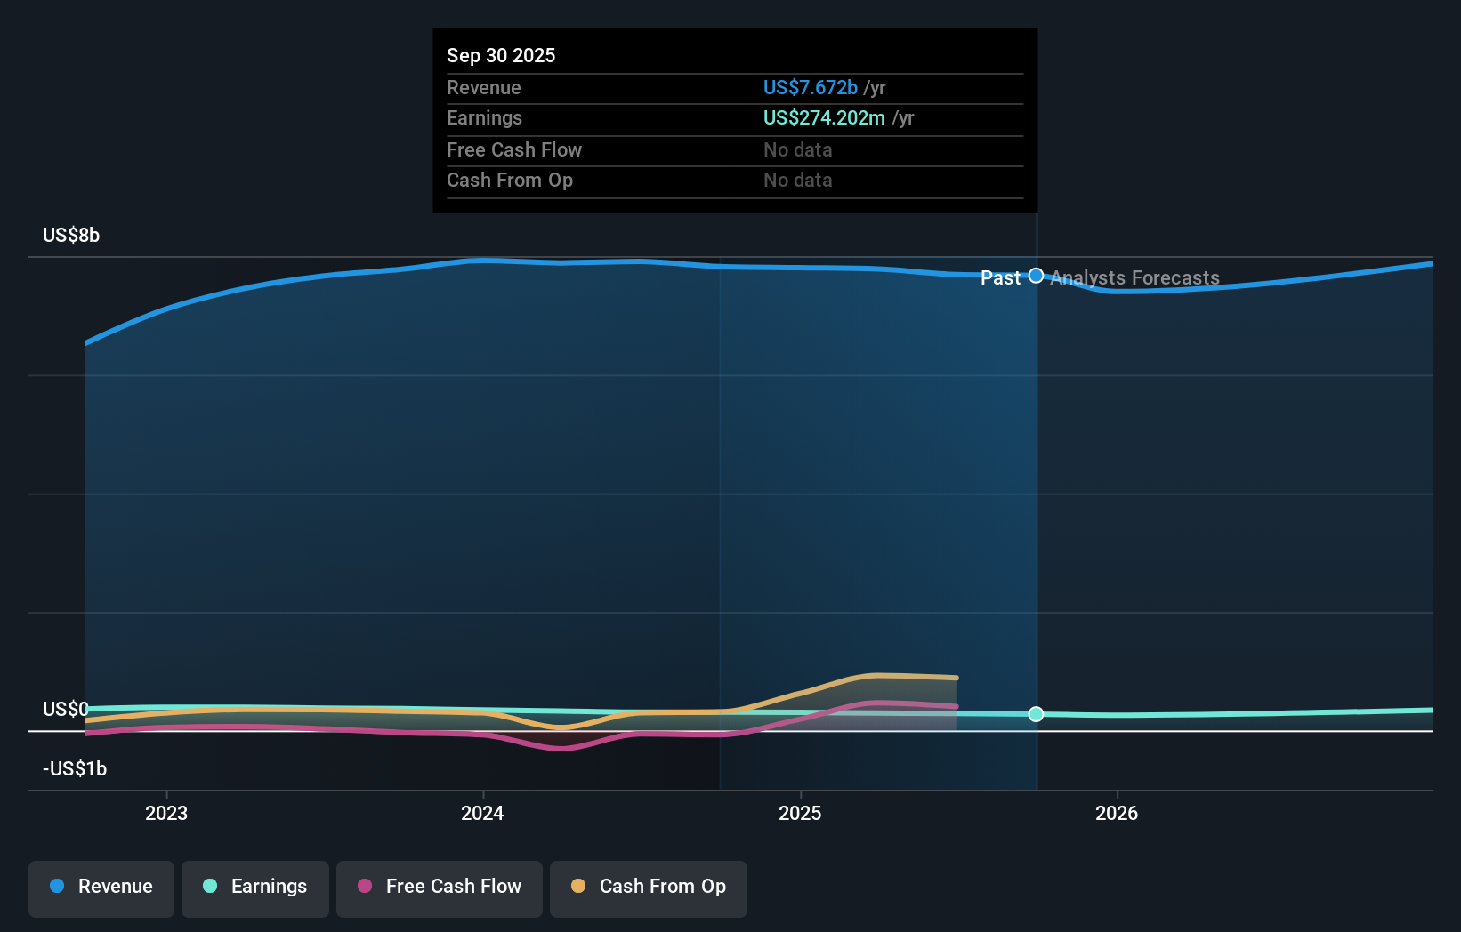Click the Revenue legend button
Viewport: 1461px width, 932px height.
101,888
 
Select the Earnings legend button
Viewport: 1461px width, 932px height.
255,888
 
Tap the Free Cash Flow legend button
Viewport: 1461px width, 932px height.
440,888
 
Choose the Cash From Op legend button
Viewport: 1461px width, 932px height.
649,888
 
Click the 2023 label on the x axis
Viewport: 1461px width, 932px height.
166,814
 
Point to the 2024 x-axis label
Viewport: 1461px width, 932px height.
482,814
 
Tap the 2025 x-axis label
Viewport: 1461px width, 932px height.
800,814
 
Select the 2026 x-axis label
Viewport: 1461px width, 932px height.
1117,814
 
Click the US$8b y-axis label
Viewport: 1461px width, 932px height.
71,236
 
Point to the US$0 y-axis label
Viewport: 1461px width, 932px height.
66,710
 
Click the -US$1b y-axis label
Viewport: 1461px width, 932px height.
75,769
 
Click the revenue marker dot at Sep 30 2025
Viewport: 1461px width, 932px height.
1036,276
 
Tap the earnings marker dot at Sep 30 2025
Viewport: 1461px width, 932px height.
1036,714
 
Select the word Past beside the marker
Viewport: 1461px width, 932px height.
1000,278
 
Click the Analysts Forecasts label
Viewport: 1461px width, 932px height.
1134,278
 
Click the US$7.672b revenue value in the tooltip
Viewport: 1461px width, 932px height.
810,88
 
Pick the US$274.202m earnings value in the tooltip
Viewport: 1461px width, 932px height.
824,118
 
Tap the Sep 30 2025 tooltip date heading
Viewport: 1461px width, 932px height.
501,56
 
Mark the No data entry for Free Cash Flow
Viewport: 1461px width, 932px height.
797,150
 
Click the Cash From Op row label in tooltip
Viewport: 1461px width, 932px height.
510,181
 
